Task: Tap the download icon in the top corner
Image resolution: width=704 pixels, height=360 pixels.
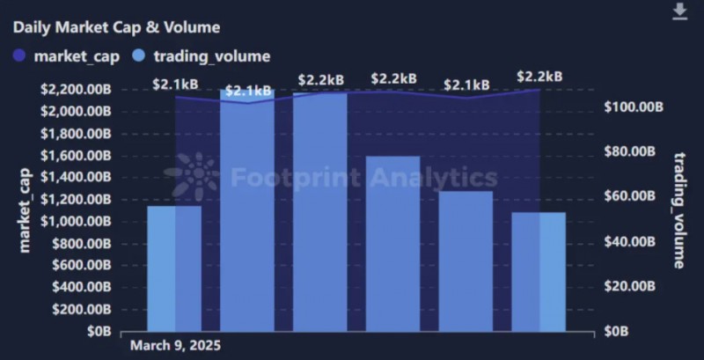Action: click(x=679, y=11)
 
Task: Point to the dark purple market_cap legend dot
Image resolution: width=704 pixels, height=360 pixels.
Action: click(x=20, y=56)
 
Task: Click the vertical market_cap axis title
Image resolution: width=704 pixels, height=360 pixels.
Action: click(x=24, y=210)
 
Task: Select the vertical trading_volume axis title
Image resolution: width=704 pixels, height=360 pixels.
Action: click(x=679, y=209)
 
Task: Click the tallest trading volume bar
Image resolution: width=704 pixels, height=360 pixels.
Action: click(x=320, y=211)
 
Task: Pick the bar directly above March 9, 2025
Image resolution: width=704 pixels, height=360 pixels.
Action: click(x=174, y=268)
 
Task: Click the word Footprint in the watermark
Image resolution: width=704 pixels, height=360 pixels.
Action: click(x=286, y=178)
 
